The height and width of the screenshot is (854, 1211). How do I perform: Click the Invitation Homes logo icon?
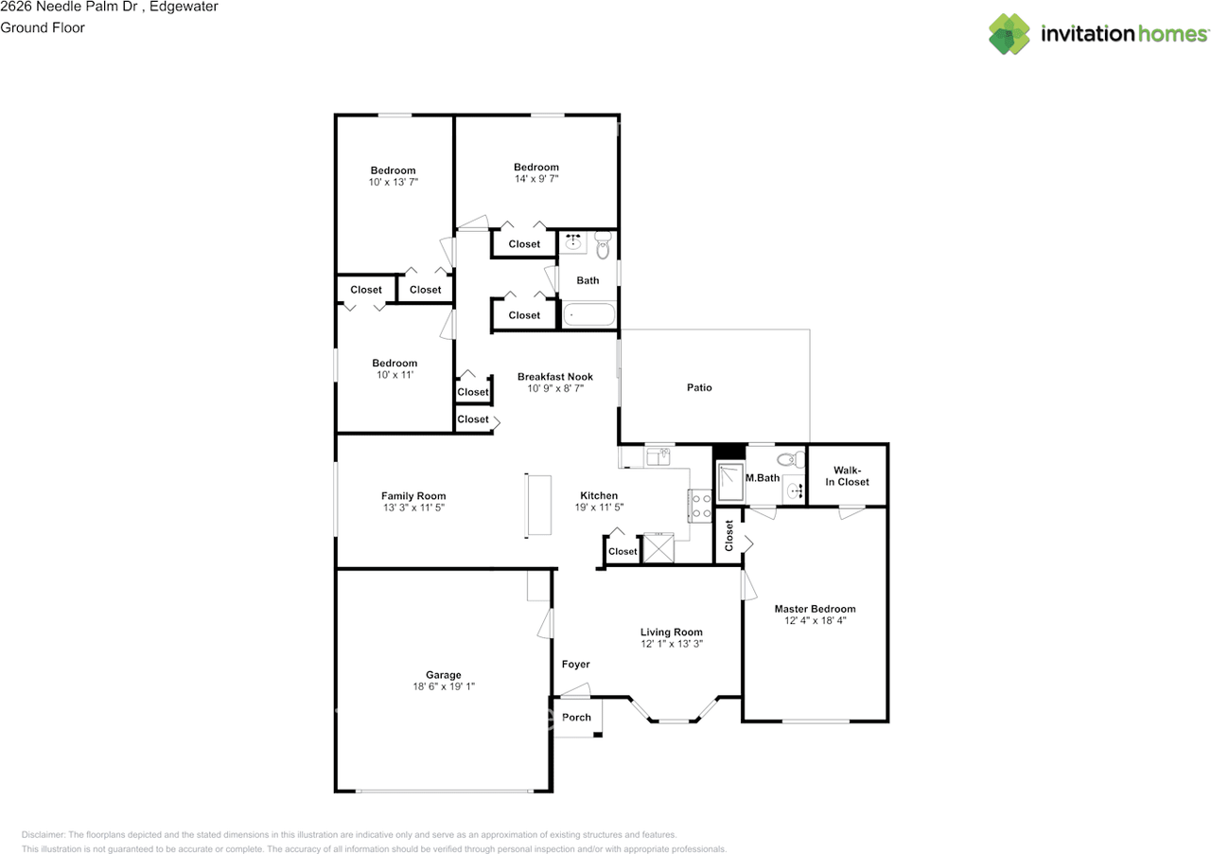click(x=1009, y=34)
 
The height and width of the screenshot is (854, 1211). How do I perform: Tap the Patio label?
click(x=699, y=387)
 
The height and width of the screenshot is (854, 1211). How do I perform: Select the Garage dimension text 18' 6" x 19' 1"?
click(x=444, y=686)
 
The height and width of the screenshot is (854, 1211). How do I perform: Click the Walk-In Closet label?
click(x=848, y=475)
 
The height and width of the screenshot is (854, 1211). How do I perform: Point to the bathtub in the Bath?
click(x=588, y=314)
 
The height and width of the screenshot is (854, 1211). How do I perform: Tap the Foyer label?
click(x=576, y=664)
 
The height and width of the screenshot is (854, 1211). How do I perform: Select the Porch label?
click(x=576, y=717)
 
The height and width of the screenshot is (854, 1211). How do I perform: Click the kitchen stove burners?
click(x=701, y=506)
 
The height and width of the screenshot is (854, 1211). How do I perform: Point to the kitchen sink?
click(x=658, y=458)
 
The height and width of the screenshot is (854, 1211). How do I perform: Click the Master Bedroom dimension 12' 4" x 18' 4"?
click(x=815, y=621)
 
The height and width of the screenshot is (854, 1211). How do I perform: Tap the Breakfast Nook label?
click(x=554, y=376)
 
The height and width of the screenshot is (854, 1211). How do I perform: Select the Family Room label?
click(x=413, y=495)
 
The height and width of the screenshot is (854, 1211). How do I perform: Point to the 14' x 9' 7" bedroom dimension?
click(x=535, y=179)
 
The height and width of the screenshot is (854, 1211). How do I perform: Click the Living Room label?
click(x=671, y=632)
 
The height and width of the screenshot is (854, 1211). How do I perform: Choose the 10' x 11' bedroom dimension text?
click(x=394, y=375)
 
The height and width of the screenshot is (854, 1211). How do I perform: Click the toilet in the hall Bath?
click(x=604, y=247)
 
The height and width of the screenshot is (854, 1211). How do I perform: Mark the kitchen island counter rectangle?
click(x=539, y=505)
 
